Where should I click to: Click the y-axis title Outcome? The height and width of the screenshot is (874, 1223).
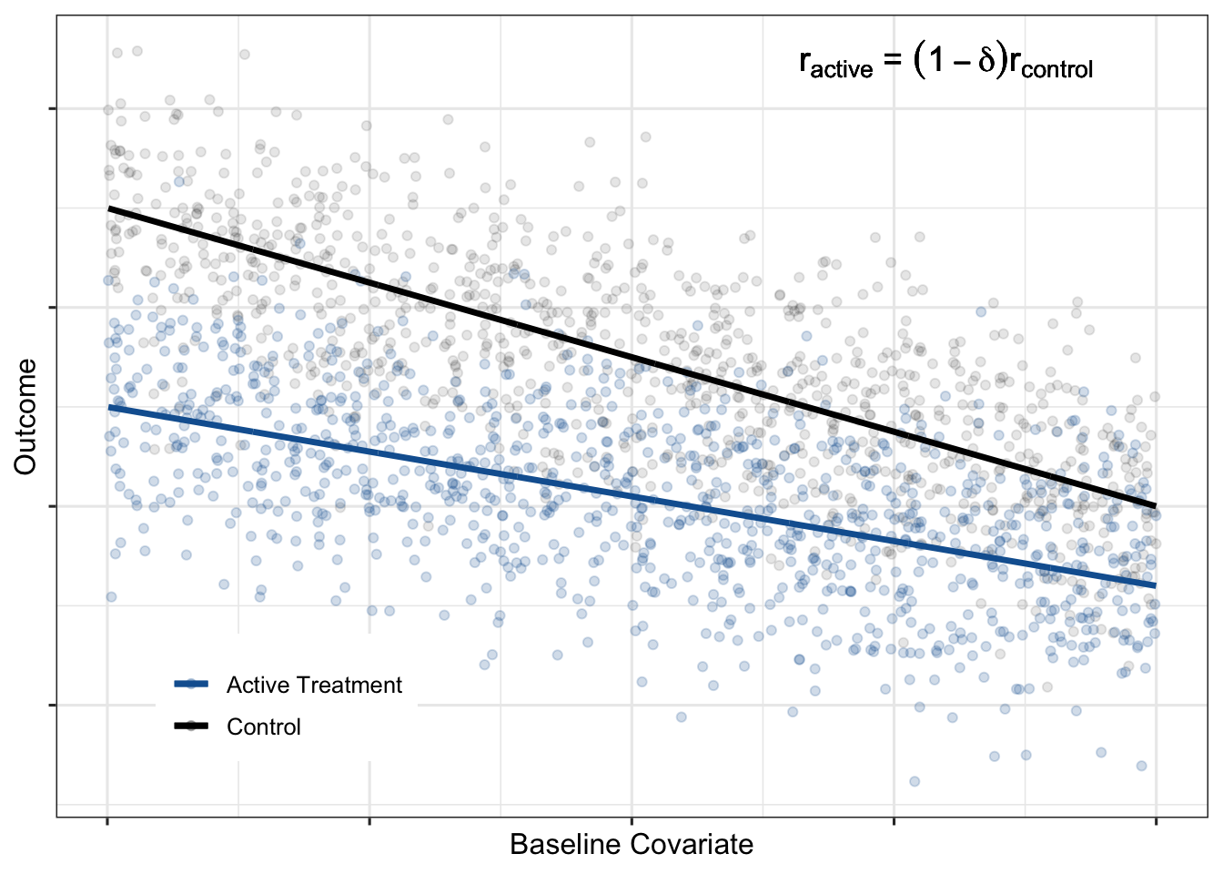coord(25,416)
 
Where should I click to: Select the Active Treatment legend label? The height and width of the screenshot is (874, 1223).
coord(314,685)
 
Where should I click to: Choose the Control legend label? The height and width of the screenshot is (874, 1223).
coord(264,727)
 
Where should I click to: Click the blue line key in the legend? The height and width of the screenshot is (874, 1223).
coord(191,685)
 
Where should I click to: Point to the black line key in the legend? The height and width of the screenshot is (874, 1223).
coord(191,727)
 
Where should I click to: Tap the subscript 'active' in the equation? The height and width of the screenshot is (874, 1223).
coord(842,70)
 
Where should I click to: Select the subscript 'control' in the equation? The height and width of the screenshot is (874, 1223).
coord(1057,70)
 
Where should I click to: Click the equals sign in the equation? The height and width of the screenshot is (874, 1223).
coord(892,62)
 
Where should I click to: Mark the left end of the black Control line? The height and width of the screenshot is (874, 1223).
coord(109,209)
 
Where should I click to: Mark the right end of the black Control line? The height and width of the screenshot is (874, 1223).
coord(1155,505)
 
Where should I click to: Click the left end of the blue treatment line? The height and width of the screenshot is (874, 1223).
coord(109,407)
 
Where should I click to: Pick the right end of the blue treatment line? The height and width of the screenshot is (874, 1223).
coord(1155,585)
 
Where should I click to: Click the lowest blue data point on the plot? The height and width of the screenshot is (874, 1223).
coord(915,781)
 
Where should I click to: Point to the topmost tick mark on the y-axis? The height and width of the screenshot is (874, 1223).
coord(53,109)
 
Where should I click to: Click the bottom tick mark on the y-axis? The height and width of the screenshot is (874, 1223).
coord(53,705)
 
